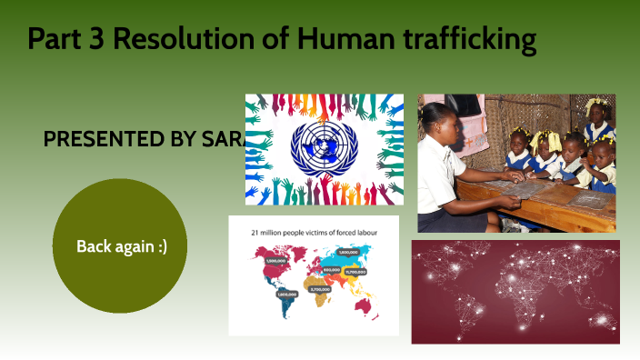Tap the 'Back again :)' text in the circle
pyautogui.click(x=121, y=245)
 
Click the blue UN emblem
pyautogui.click(x=324, y=148)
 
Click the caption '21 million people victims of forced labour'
pyautogui.click(x=314, y=233)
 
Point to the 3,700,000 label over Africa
pyautogui.click(x=319, y=289)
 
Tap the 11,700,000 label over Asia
pyautogui.click(x=355, y=270)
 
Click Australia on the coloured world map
pyautogui.click(x=364, y=305)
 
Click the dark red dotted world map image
pyautogui.click(x=515, y=292)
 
